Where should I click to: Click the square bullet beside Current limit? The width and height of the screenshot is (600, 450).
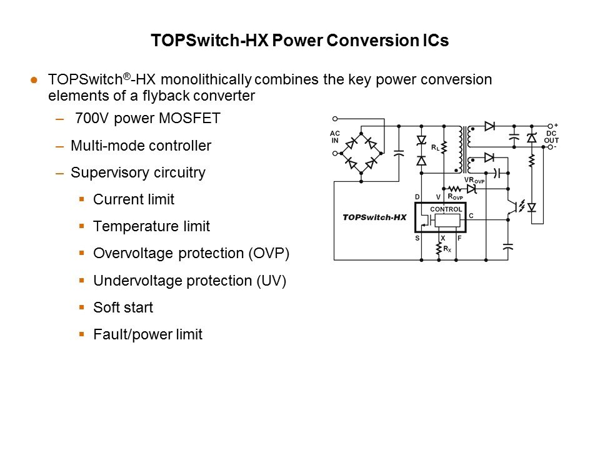[x=81, y=199]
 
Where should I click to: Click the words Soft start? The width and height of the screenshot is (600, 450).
[x=123, y=307]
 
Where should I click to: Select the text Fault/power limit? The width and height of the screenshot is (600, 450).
[x=147, y=334]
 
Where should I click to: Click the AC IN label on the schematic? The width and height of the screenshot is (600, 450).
[x=336, y=137]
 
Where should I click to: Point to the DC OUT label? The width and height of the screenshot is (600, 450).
[x=551, y=137]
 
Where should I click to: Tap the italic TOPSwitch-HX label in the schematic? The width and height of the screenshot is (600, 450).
[x=374, y=217]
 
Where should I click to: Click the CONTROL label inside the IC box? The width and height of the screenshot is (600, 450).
[x=446, y=209]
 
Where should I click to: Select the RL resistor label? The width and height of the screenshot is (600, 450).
[x=434, y=148]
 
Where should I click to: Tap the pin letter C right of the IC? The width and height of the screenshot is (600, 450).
[x=471, y=216]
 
